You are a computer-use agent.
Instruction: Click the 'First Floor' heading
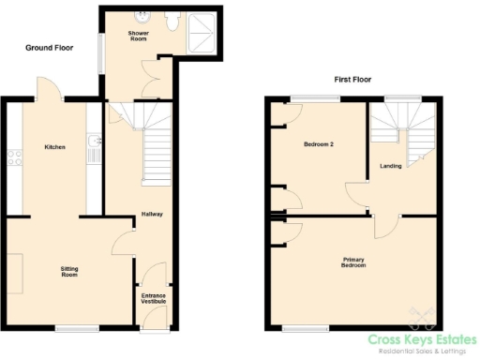click(x=352, y=80)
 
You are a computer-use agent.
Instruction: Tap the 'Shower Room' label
click(x=139, y=36)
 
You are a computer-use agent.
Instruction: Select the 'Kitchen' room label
click(x=55, y=147)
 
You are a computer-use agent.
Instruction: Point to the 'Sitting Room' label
click(x=69, y=272)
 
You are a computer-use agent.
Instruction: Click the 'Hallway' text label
click(x=152, y=214)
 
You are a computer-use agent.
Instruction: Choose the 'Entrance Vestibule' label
click(x=153, y=299)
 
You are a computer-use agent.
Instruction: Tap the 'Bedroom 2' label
click(x=319, y=145)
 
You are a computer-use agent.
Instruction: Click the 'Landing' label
click(x=391, y=166)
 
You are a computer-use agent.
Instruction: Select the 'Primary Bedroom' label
click(x=353, y=262)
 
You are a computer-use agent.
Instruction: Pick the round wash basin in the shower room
click(x=142, y=15)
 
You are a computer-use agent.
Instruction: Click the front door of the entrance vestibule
click(x=153, y=323)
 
